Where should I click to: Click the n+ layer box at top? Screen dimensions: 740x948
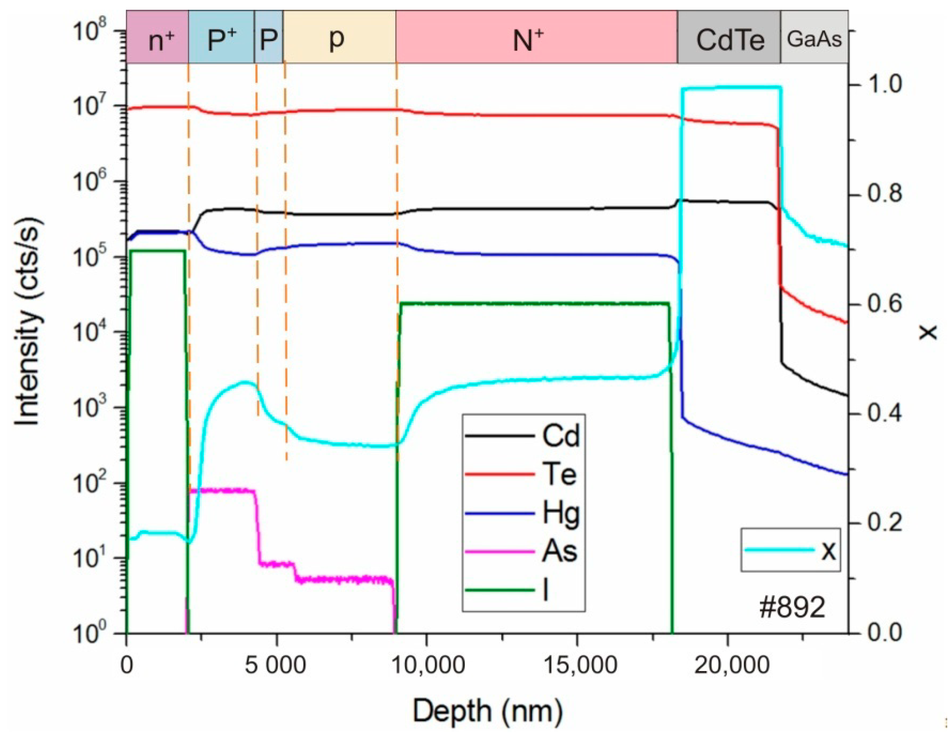pos(157,37)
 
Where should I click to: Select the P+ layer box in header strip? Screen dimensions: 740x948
pos(221,37)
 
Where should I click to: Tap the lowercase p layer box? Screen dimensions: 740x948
pos(339,37)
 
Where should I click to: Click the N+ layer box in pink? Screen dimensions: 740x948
pos(536,37)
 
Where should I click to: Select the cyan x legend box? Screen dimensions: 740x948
pos(790,549)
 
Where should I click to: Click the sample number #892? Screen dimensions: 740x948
pos(792,608)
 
